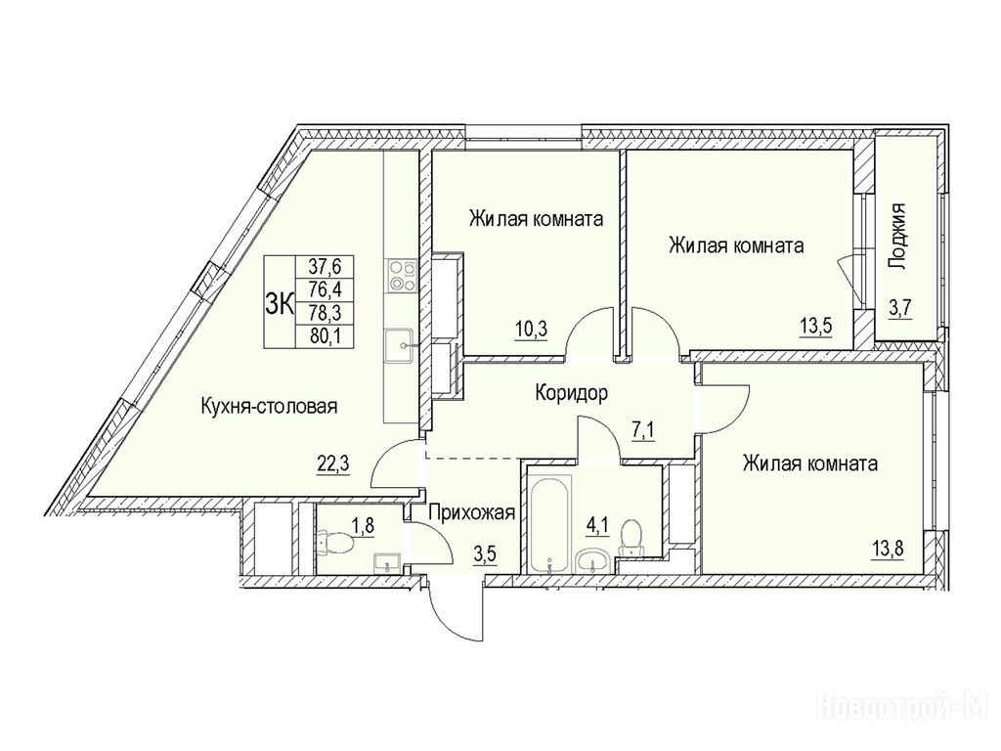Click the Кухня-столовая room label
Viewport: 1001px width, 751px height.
269,406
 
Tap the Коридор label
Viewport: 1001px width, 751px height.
571,393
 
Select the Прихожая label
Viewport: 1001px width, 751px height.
471,512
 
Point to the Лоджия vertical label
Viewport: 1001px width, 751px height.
898,237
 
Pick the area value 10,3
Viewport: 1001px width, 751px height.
531,331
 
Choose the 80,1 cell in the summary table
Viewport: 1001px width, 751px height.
326,335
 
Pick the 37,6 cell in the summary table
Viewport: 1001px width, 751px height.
326,264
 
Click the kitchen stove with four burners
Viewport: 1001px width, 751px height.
401,275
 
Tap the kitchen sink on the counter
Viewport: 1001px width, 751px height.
401,346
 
